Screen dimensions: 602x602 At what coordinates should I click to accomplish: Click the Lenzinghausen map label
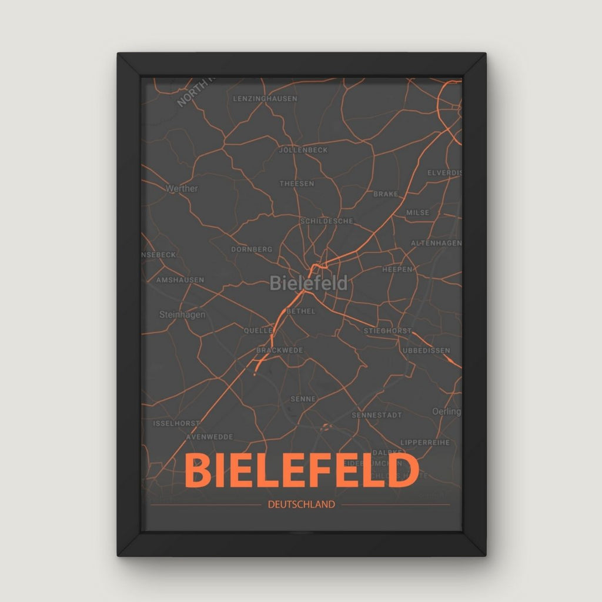[265, 99]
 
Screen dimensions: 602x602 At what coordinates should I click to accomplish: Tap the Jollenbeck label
[303, 150]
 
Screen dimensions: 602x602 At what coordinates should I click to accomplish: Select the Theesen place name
[296, 183]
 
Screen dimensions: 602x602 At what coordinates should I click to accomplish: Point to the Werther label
[182, 189]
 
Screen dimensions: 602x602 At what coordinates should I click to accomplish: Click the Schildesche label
[326, 221]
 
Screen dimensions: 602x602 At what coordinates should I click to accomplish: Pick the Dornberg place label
[252, 249]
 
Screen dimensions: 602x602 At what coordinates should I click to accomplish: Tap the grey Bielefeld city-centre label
[309, 283]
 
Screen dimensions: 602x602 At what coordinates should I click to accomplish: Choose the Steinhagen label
[182, 315]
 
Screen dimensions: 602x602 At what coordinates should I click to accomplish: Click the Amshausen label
[180, 280]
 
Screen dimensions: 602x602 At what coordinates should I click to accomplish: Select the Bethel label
[302, 311]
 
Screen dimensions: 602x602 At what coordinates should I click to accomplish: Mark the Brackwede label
[280, 350]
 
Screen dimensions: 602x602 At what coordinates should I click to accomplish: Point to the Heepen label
[397, 269]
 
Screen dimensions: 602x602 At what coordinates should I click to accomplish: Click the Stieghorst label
[387, 331]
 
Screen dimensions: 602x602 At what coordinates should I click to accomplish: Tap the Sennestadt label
[377, 415]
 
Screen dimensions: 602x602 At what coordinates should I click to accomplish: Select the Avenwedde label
[209, 437]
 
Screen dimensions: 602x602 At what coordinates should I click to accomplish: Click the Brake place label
[386, 194]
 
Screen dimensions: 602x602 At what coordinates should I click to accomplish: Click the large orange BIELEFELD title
[302, 471]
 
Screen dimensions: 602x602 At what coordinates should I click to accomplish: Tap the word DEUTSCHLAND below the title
[301, 504]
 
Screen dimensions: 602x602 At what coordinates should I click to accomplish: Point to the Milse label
[418, 213]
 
